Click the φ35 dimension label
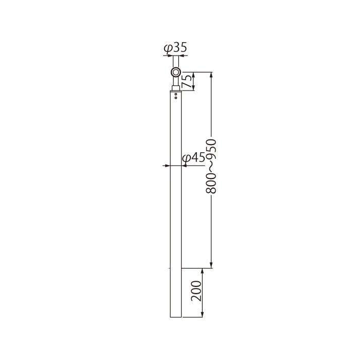pos(175,47)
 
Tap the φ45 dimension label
pos(193,158)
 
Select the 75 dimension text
pos(187,81)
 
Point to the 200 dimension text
pos(196,291)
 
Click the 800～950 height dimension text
pos(211,167)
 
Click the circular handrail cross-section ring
pos(176,73)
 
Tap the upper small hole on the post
pos(176,94)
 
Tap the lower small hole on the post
pos(176,98)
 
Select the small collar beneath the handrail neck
pos(176,88)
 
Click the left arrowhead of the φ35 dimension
pos(170,56)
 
